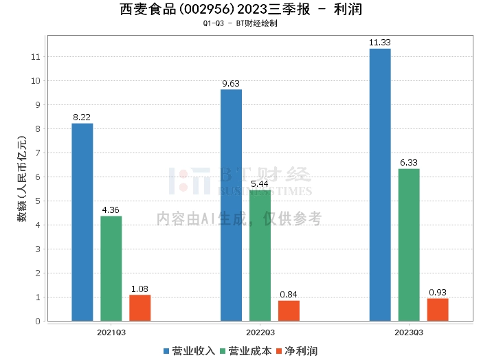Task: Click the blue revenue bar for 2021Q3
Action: pyautogui.click(x=82, y=222)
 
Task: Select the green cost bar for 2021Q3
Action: pyautogui.click(x=111, y=269)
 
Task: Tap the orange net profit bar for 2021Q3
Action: pyautogui.click(x=140, y=308)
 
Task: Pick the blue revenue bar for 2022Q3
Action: pyautogui.click(x=231, y=205)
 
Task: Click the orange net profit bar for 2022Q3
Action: pyautogui.click(x=289, y=311)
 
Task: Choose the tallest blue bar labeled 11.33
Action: pyautogui.click(x=380, y=184)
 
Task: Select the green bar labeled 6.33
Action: pyautogui.click(x=409, y=245)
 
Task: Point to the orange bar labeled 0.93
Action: pyautogui.click(x=438, y=309)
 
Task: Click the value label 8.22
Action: pyautogui.click(x=82, y=117)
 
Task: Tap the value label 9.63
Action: pyautogui.click(x=231, y=84)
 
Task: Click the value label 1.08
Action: pyautogui.click(x=140, y=289)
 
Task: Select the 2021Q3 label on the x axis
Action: pyautogui.click(x=111, y=332)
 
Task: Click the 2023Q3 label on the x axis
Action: pyautogui.click(x=409, y=332)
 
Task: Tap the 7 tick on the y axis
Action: pyautogui.click(x=37, y=153)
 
